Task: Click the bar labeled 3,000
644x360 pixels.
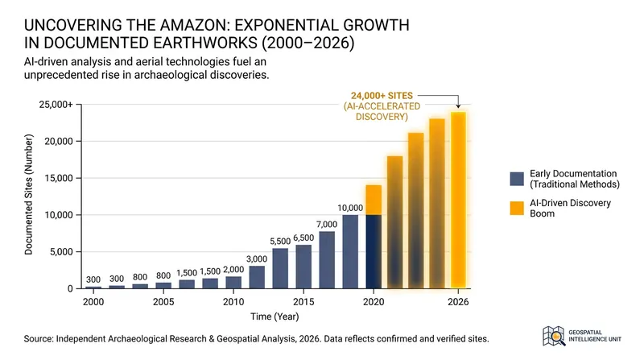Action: tap(257, 277)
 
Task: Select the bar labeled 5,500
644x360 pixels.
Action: tap(280, 268)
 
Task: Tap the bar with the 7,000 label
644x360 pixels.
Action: tap(327, 259)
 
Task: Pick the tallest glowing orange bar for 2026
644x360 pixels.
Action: tap(458, 201)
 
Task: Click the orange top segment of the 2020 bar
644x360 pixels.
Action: tap(374, 200)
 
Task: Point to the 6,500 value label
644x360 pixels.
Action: tap(303, 238)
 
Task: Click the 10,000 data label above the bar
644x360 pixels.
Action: tap(350, 208)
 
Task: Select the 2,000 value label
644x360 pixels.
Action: tap(233, 270)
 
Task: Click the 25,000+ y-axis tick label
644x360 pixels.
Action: tap(56, 105)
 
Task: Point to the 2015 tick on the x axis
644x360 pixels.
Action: tap(303, 302)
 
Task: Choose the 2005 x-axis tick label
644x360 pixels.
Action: tap(163, 302)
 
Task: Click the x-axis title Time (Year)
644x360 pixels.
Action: tap(275, 317)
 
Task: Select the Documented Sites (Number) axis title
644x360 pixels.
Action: tap(28, 194)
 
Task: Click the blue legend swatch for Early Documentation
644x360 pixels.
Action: tap(517, 179)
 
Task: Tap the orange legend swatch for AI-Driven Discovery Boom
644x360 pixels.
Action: tap(517, 209)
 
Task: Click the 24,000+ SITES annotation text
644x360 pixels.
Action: tap(382, 96)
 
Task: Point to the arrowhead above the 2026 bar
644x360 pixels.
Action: tap(458, 106)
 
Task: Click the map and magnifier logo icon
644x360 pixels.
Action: tap(554, 336)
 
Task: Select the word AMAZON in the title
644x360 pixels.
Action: tap(192, 25)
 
